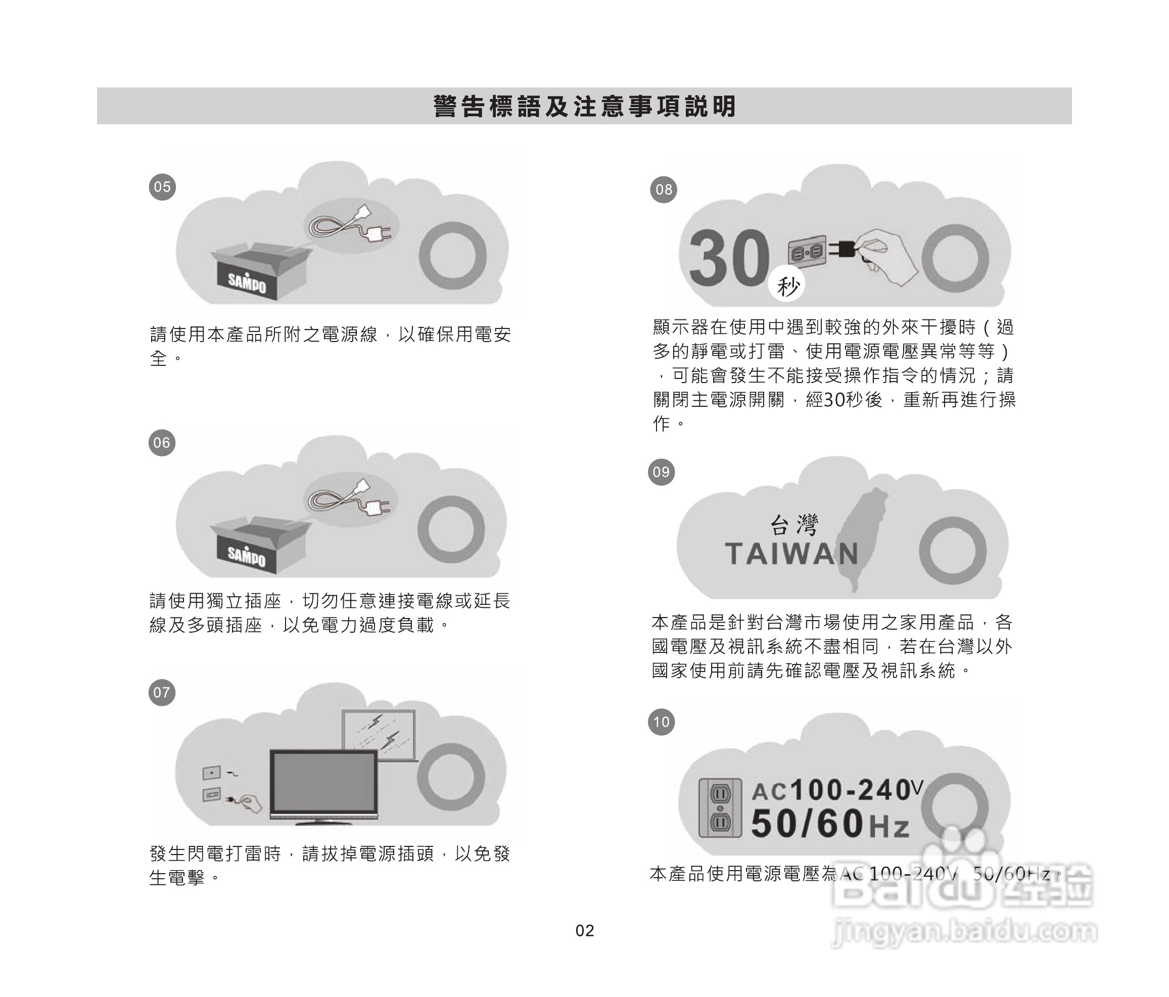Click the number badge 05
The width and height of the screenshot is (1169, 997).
(x=162, y=187)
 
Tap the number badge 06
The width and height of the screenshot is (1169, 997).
(x=162, y=442)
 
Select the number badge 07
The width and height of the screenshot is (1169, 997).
(x=162, y=692)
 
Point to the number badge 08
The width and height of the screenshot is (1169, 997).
(x=664, y=189)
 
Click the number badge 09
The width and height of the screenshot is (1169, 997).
(x=661, y=471)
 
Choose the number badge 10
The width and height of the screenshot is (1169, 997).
(x=661, y=722)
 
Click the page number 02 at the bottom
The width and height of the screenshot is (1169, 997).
(x=584, y=930)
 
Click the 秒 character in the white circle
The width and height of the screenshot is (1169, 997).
(x=787, y=286)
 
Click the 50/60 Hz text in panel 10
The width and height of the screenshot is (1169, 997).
(x=830, y=823)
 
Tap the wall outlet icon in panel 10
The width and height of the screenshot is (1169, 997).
(x=720, y=808)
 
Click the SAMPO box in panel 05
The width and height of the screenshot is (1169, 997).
(x=260, y=272)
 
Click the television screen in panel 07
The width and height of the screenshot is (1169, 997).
(x=323, y=782)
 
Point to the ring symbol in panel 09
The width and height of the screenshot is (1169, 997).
(x=952, y=550)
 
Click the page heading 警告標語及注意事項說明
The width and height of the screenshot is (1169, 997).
(x=584, y=106)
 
